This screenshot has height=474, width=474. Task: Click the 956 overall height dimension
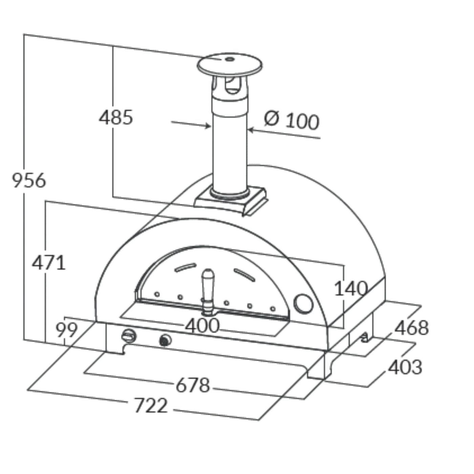point(29,180)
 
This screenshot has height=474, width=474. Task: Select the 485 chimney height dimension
point(116,117)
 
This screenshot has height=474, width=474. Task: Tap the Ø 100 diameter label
point(292,120)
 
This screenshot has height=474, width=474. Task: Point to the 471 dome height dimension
point(49,263)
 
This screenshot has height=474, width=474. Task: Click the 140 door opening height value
point(351,288)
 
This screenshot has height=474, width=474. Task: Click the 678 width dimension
point(193,385)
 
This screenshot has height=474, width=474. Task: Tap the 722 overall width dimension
point(151,405)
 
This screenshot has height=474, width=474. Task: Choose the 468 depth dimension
point(412,327)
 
